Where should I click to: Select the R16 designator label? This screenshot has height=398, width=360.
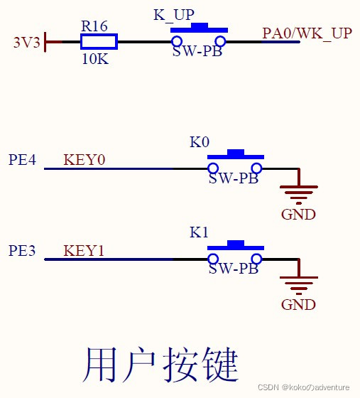pyautogui.click(x=94, y=26)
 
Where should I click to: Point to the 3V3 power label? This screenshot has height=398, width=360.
pyautogui.click(x=27, y=42)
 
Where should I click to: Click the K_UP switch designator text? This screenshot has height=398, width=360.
pyautogui.click(x=174, y=15)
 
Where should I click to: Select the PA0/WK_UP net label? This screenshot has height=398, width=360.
pyautogui.click(x=307, y=33)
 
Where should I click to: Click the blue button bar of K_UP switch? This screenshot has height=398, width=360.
pyautogui.click(x=199, y=29)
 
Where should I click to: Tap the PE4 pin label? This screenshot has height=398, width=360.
pyautogui.click(x=22, y=159)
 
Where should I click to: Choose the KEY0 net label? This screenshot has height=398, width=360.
pyautogui.click(x=84, y=159)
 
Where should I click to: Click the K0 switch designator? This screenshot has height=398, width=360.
pyautogui.click(x=199, y=142)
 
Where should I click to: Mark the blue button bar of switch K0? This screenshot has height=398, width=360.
pyautogui.click(x=235, y=154)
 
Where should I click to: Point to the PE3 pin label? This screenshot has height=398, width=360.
pyautogui.click(x=22, y=251)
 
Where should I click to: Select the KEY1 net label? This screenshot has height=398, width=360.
pyautogui.click(x=84, y=251)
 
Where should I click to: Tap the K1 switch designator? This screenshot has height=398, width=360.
pyautogui.click(x=199, y=232)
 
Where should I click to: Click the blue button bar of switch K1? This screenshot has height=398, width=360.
pyautogui.click(x=235, y=245)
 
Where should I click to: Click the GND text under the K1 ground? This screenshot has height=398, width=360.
pyautogui.click(x=298, y=305)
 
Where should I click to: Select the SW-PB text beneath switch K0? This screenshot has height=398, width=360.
pyautogui.click(x=233, y=178)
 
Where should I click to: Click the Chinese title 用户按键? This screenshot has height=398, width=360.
pyautogui.click(x=160, y=365)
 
